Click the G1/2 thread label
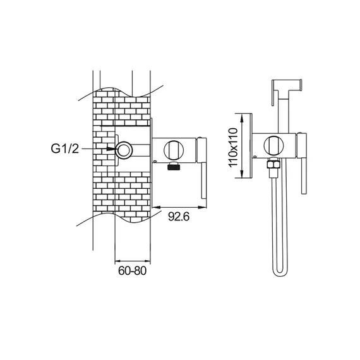(65, 149)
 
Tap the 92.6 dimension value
(179, 216)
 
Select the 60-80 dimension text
(132, 271)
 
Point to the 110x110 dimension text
(233, 148)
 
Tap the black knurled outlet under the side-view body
(174, 165)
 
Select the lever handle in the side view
(202, 167)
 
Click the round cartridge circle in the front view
(273, 145)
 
